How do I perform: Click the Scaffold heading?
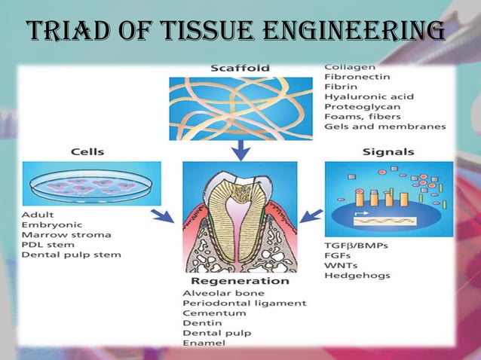(x=240, y=69)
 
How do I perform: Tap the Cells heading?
(x=87, y=151)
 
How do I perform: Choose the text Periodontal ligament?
(x=244, y=303)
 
